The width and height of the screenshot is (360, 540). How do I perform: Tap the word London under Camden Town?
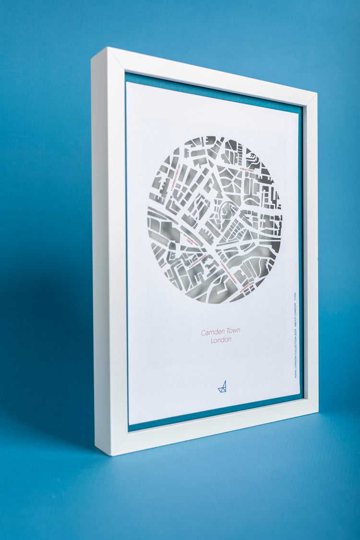click(x=221, y=340)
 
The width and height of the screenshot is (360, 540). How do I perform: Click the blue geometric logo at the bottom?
click(x=222, y=386)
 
